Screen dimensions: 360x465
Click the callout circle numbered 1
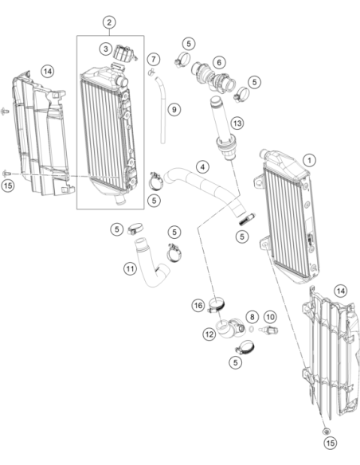click(x=310, y=160)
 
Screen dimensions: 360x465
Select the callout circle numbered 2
click(x=109, y=22)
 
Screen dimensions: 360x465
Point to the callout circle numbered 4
click(x=202, y=167)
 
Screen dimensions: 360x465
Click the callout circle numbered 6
click(x=219, y=62)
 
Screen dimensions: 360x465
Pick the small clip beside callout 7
click(x=151, y=71)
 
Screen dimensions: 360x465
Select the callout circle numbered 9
click(x=174, y=110)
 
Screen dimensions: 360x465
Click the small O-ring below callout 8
click(x=252, y=329)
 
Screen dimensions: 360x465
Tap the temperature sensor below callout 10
click(x=268, y=330)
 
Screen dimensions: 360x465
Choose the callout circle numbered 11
click(x=130, y=269)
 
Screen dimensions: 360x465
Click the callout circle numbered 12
click(x=209, y=334)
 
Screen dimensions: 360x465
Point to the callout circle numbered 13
click(x=237, y=123)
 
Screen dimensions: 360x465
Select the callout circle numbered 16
click(x=198, y=306)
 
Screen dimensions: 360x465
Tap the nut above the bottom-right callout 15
click(x=327, y=431)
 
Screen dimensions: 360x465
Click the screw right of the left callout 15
click(x=6, y=173)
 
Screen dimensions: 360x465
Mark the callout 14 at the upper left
click(x=48, y=72)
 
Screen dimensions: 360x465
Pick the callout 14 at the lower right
click(x=341, y=291)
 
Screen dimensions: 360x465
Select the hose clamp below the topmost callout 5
click(x=182, y=59)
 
